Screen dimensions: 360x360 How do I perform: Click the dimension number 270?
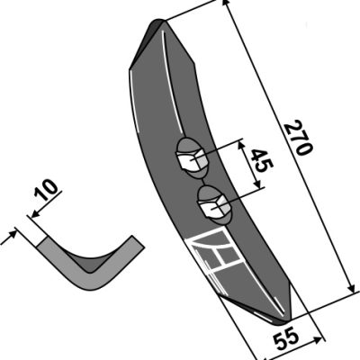[299, 138]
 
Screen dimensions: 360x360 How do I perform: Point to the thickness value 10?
[46, 190]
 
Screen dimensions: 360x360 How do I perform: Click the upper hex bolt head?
[192, 160]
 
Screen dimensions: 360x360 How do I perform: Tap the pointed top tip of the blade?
[160, 21]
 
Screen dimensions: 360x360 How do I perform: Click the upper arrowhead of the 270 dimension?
[226, 5]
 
